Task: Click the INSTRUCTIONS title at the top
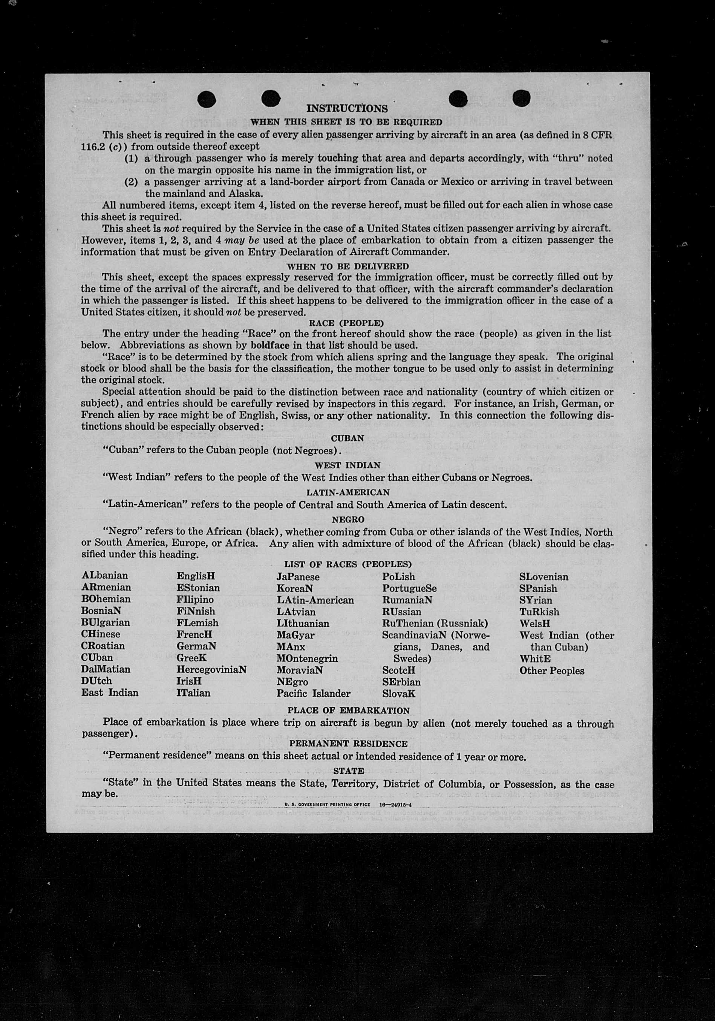[347, 109]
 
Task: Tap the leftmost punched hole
[207, 99]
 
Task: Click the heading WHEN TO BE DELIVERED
[348, 266]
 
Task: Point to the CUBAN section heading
[348, 438]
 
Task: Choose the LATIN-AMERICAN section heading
[348, 492]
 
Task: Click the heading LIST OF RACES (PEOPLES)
[348, 564]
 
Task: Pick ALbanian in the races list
[104, 576]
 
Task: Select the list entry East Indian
[110, 692]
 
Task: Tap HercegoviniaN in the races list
[211, 669]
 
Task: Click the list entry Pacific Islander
[313, 693]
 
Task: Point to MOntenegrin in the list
[307, 658]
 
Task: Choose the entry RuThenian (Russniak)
[435, 623]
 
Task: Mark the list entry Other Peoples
[551, 670]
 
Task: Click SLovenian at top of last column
[544, 577]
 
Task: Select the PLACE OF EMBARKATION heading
[348, 710]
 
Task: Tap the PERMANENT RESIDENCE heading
[348, 744]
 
